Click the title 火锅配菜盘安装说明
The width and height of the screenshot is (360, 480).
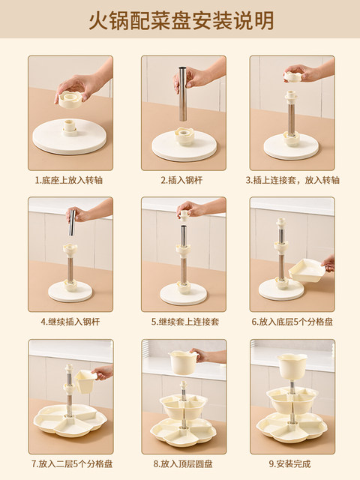pos(180,19)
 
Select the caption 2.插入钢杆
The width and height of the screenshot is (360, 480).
pos(179,180)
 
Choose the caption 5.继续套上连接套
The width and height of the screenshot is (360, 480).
pos(179,321)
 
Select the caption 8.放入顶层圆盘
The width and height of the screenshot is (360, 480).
pos(179,463)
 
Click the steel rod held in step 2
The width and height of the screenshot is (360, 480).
pos(181,94)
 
